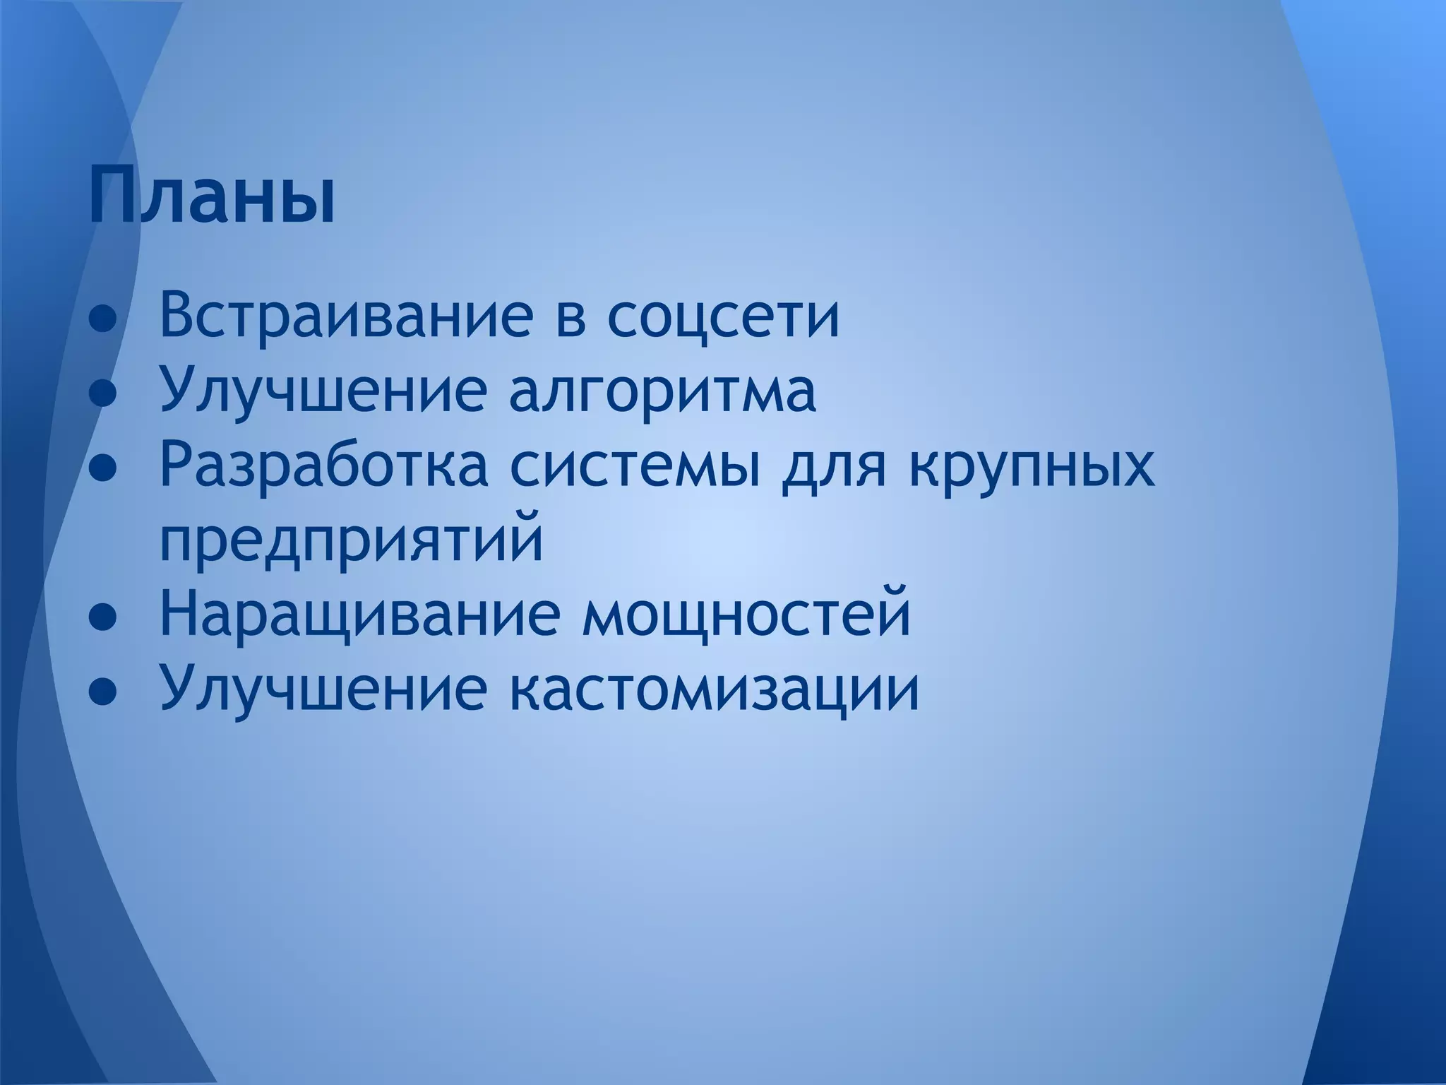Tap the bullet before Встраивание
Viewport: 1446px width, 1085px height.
point(103,319)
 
